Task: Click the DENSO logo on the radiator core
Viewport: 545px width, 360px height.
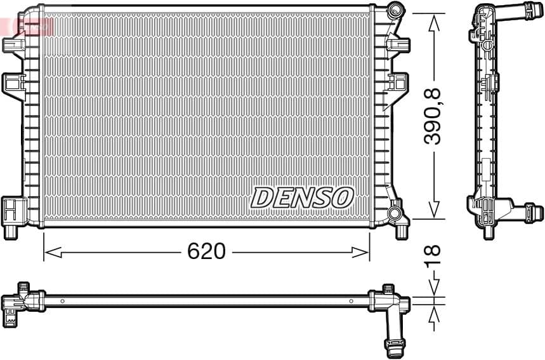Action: click(301, 197)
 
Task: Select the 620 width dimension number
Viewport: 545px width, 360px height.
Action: click(206, 251)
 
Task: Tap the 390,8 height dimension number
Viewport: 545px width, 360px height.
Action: click(433, 116)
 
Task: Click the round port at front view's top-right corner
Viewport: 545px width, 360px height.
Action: click(396, 10)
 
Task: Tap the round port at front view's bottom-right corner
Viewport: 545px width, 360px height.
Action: click(396, 212)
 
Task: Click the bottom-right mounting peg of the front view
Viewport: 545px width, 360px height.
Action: click(402, 232)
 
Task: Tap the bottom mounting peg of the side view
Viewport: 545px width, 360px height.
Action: click(488, 231)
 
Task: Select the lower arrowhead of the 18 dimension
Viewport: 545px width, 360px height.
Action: click(434, 314)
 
